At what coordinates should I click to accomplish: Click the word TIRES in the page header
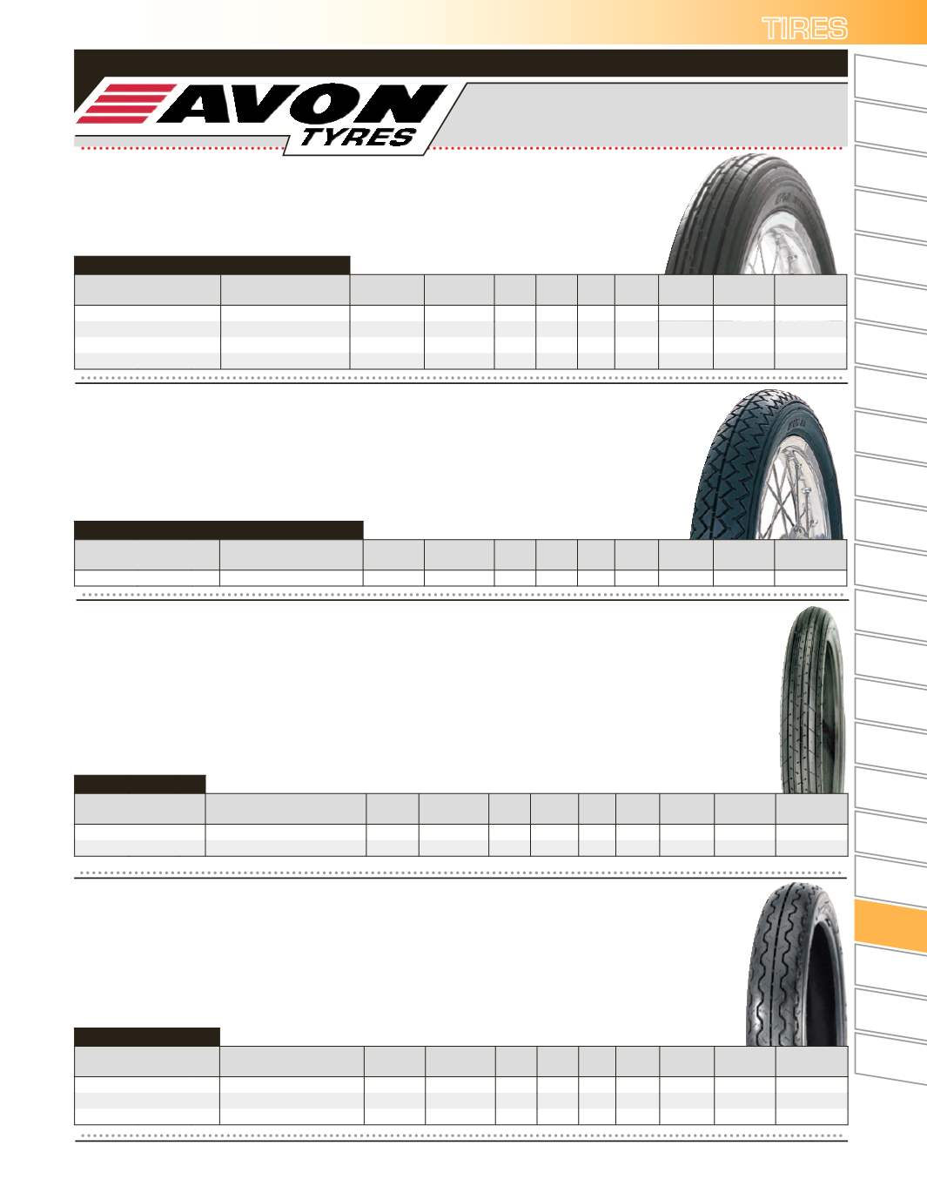pyautogui.click(x=804, y=29)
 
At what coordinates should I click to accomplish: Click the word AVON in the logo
pyautogui.click(x=302, y=104)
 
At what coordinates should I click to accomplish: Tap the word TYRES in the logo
pyautogui.click(x=357, y=138)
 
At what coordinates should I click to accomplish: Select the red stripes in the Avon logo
pyautogui.click(x=125, y=104)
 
